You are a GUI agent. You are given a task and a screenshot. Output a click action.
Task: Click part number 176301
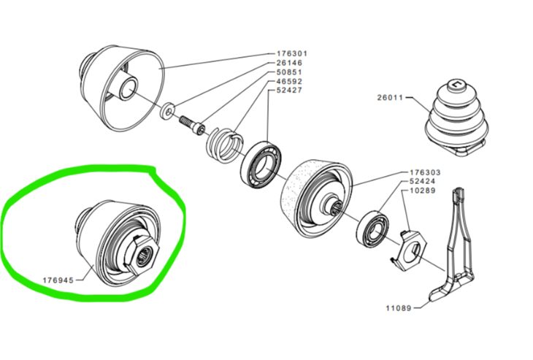[292, 54]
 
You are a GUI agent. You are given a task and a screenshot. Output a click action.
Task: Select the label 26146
[290, 64]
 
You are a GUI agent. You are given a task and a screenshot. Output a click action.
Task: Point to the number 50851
[290, 73]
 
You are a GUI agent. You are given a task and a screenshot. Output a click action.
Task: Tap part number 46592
[290, 83]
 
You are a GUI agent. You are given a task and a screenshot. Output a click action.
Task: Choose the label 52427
[290, 92]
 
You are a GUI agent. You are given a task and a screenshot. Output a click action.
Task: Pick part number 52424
[422, 182]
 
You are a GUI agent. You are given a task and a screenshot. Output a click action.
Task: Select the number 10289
[422, 191]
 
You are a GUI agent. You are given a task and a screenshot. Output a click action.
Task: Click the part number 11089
[400, 308]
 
